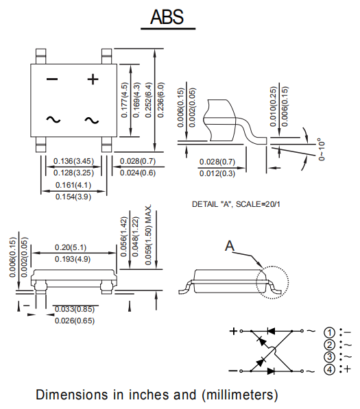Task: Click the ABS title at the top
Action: pyautogui.click(x=167, y=17)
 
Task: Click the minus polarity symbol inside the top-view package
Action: pyautogui.click(x=52, y=79)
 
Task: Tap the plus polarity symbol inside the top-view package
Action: pyautogui.click(x=93, y=79)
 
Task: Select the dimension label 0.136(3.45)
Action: pyautogui.click(x=73, y=161)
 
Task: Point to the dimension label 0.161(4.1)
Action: pyautogui.click(x=73, y=185)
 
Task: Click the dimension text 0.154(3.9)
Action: pyautogui.click(x=73, y=197)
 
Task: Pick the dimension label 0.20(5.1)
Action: pyautogui.click(x=71, y=247)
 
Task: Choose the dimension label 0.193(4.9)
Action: pyautogui.click(x=73, y=259)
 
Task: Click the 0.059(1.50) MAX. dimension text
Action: pyautogui.click(x=148, y=234)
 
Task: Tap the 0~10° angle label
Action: pyautogui.click(x=322, y=149)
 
